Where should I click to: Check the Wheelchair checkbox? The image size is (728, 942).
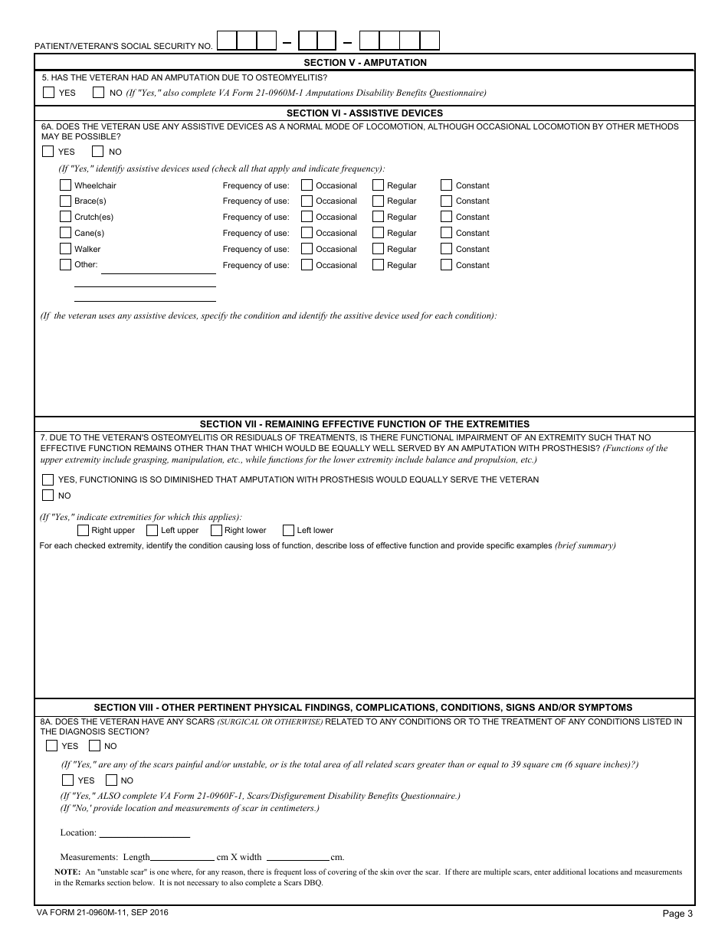click(x=65, y=185)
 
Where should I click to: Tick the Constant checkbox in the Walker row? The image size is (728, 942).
click(x=447, y=249)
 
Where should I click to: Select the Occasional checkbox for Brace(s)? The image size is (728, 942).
click(x=307, y=201)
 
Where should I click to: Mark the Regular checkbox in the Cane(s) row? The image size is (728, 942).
click(x=378, y=233)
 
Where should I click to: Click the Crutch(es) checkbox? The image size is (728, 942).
click(x=65, y=217)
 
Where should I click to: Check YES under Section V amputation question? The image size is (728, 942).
click(x=49, y=93)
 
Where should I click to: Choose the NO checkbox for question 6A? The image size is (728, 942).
click(x=98, y=152)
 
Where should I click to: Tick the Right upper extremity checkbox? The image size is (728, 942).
click(x=83, y=530)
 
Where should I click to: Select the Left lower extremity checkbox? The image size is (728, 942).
click(x=288, y=530)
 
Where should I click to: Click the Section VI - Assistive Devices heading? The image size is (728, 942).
click(x=365, y=113)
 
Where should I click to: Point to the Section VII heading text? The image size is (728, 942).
click(x=365, y=424)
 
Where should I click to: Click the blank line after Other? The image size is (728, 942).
click(x=158, y=268)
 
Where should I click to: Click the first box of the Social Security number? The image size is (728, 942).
click(x=227, y=41)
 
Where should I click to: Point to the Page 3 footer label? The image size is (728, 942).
click(x=677, y=913)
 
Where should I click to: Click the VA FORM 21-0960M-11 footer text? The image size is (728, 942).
click(x=102, y=912)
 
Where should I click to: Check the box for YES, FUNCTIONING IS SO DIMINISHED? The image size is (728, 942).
click(x=48, y=479)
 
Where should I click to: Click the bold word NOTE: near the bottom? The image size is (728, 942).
click(x=67, y=872)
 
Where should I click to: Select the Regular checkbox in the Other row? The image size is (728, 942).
click(x=378, y=265)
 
